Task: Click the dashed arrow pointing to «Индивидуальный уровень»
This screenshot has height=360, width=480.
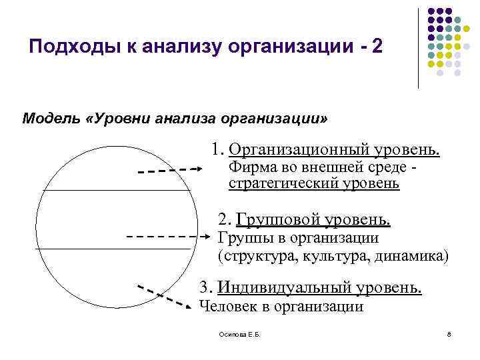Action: [x=165, y=295]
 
